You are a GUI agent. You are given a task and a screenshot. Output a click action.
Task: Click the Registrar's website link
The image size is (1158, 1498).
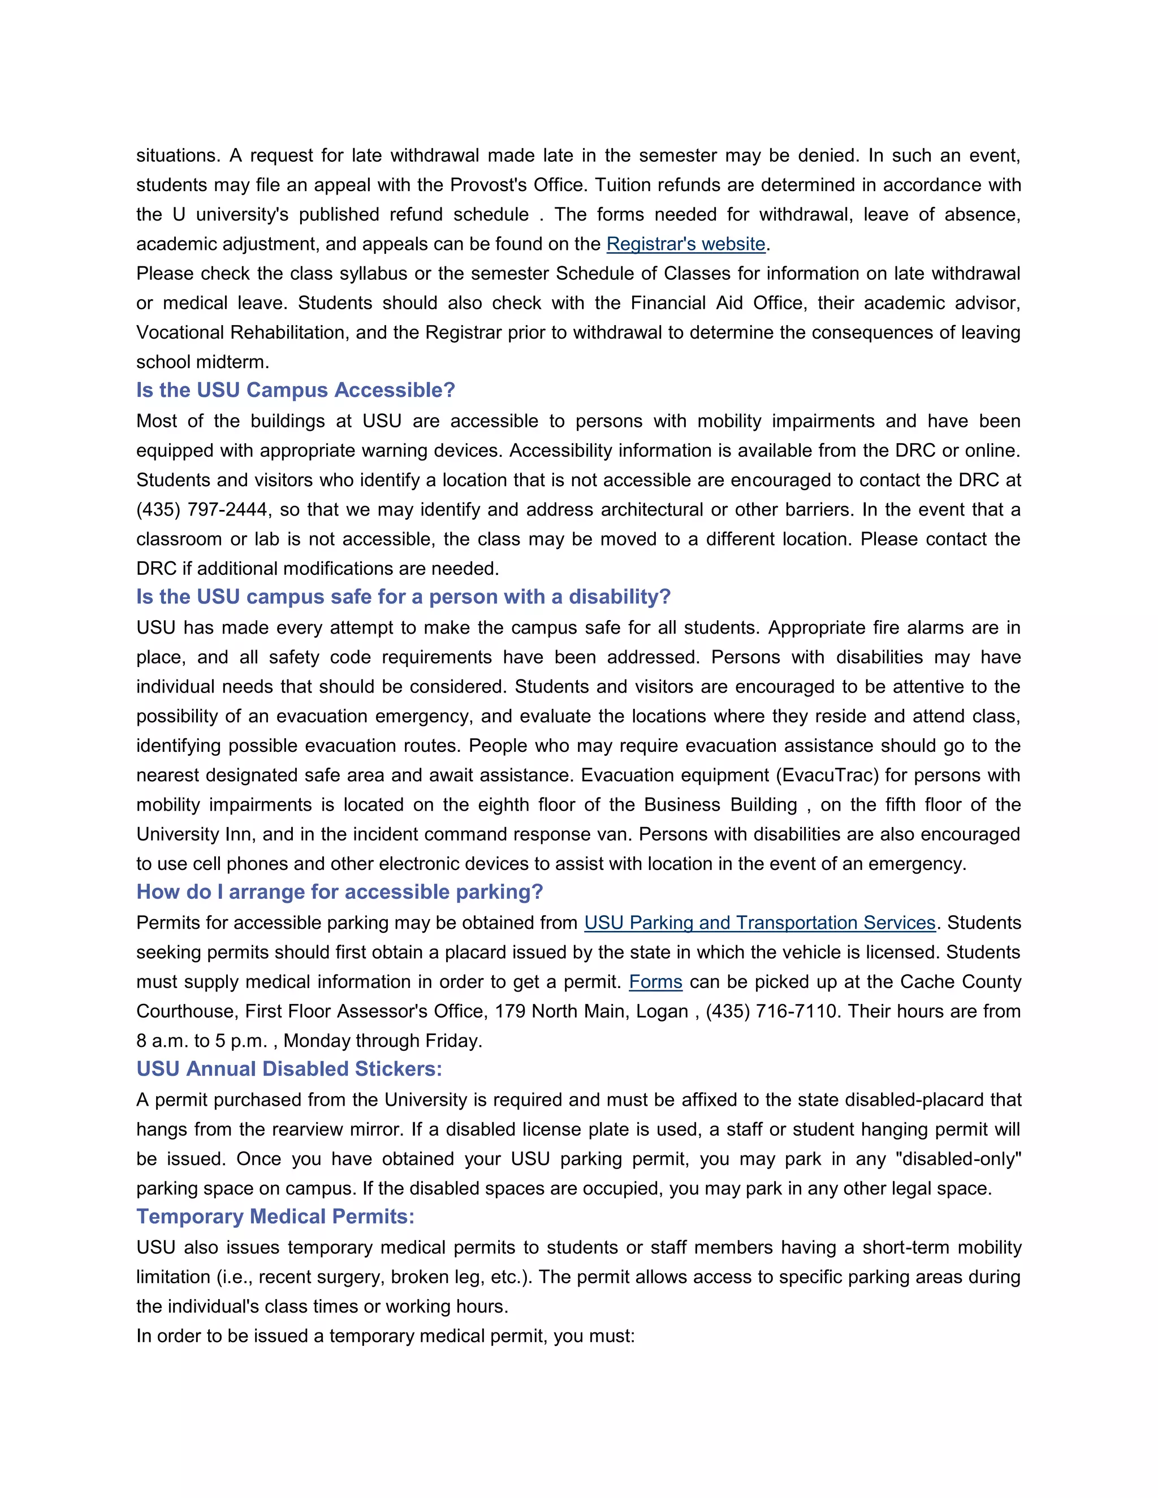point(685,244)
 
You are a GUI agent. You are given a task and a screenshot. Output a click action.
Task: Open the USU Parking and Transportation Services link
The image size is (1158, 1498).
point(759,923)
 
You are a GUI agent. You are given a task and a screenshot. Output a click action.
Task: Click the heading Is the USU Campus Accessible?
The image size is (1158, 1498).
point(296,390)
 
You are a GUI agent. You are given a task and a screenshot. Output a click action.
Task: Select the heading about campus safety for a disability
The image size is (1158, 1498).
point(403,597)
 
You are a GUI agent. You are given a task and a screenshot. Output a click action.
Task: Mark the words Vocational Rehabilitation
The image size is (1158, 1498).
point(240,332)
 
